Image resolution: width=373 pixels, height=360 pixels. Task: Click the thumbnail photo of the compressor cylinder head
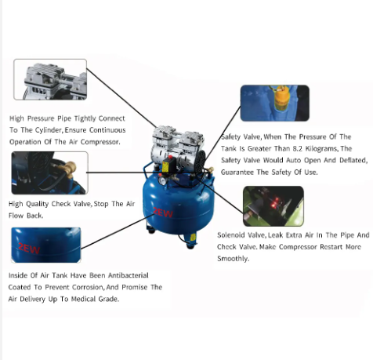(x=50, y=79)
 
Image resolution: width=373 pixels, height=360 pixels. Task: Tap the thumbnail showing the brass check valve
(x=49, y=173)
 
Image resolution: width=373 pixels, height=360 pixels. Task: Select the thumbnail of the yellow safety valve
(x=275, y=103)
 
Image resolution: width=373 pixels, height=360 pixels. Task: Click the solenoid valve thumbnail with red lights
(x=273, y=206)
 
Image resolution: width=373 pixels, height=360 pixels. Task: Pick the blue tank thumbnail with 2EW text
(x=46, y=245)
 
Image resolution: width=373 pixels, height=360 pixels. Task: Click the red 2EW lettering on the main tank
(x=163, y=213)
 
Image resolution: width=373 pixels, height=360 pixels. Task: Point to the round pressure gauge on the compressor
(x=162, y=180)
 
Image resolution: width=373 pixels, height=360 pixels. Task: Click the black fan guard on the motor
(x=200, y=162)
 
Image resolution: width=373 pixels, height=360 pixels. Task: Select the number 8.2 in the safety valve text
(x=297, y=148)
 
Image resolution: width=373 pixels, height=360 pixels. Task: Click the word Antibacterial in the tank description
(x=129, y=275)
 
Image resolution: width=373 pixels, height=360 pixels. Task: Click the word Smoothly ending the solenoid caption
(x=232, y=259)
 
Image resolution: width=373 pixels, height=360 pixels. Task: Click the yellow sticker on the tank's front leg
(x=193, y=237)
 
